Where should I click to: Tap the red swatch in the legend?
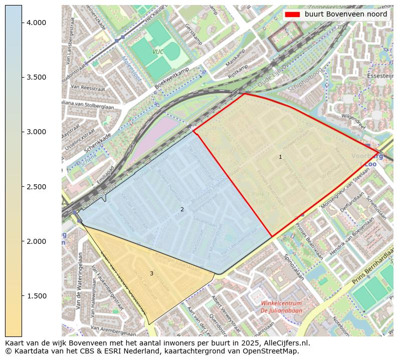[x=293, y=15]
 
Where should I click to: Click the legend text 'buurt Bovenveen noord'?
[x=346, y=15]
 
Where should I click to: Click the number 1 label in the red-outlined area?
[x=280, y=157]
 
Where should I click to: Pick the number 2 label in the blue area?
[x=182, y=209]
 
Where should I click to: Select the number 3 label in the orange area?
[x=151, y=273]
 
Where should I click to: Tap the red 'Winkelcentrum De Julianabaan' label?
[x=281, y=307]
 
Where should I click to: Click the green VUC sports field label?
[x=158, y=52]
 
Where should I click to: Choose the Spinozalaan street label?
[x=294, y=266]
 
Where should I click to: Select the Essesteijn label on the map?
[x=379, y=77]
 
